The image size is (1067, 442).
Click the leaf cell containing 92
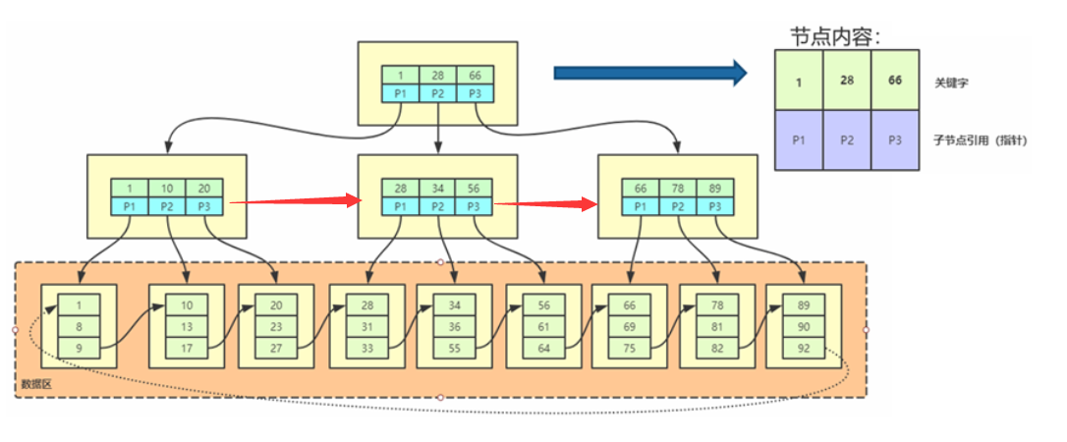pyautogui.click(x=803, y=348)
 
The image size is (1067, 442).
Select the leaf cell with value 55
pyautogui.click(x=453, y=348)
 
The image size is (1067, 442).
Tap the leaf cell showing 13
pyautogui.click(x=186, y=325)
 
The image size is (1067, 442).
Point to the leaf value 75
pyautogui.click(x=628, y=348)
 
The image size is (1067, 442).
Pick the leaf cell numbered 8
pyautogui.click(x=79, y=325)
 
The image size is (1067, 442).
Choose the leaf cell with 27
pyautogui.click(x=275, y=348)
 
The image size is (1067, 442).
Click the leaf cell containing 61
pyautogui.click(x=543, y=325)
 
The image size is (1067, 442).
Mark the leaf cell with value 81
pyautogui.click(x=717, y=325)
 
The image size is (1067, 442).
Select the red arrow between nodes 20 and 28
pyautogui.click(x=295, y=202)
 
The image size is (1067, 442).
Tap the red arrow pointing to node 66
pyautogui.click(x=546, y=204)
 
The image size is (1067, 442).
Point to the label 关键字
pyautogui.click(x=952, y=83)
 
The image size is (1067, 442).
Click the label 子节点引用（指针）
pyautogui.click(x=981, y=140)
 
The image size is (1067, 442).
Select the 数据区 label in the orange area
pyautogui.click(x=35, y=384)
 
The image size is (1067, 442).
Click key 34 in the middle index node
pyautogui.click(x=437, y=188)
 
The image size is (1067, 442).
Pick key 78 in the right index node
pyautogui.click(x=678, y=188)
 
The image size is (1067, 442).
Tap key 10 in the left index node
pyautogui.click(x=167, y=188)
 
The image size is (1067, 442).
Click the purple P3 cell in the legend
pyautogui.click(x=895, y=140)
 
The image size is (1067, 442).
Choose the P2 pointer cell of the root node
pyautogui.click(x=437, y=94)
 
